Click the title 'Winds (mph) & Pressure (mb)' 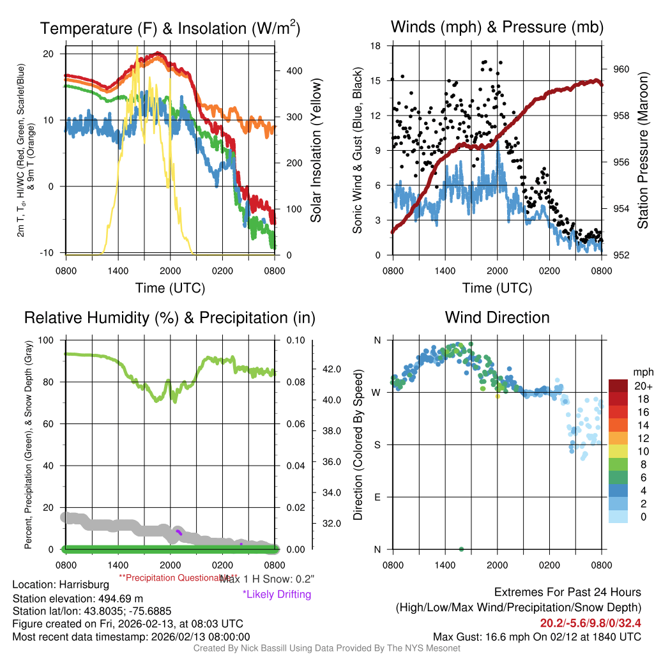(497, 27)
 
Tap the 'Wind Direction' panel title (497, 317)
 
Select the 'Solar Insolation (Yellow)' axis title (316, 151)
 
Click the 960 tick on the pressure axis (621, 69)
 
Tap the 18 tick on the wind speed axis (376, 46)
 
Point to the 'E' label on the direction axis (377, 497)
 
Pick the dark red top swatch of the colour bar (618, 386)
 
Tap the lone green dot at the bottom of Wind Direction (461, 549)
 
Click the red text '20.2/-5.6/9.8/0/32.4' (591, 623)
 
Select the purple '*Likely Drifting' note (277, 594)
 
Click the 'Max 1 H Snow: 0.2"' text (266, 579)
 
